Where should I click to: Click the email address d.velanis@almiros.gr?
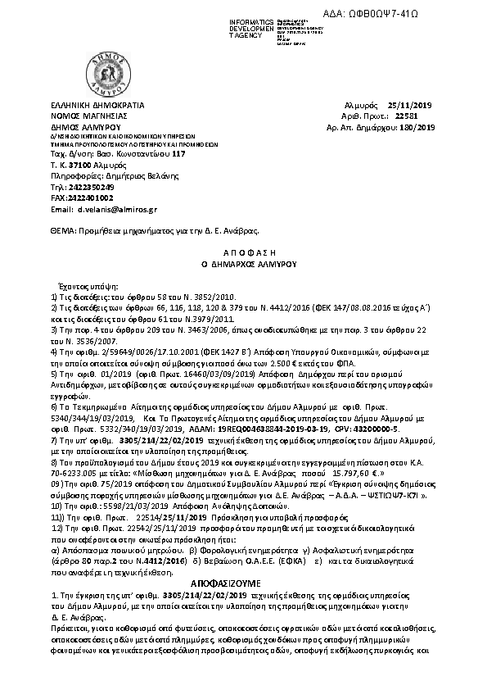[x=122, y=210]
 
